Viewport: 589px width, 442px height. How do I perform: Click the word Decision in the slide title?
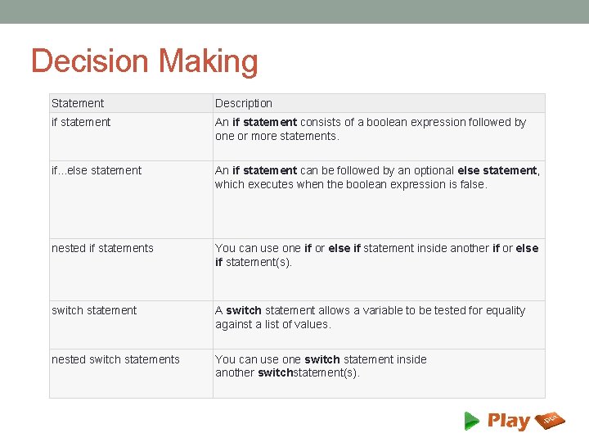click(90, 62)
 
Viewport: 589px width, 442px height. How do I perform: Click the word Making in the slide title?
click(209, 62)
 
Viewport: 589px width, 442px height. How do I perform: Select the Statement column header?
click(78, 103)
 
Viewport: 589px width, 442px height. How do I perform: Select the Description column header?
click(244, 103)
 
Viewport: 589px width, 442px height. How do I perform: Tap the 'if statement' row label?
click(81, 122)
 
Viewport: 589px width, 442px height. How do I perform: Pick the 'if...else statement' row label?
click(97, 170)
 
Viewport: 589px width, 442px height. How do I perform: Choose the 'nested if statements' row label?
click(102, 248)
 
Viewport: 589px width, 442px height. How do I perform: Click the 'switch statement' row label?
click(94, 310)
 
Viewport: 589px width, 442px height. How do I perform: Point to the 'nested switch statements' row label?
click(115, 359)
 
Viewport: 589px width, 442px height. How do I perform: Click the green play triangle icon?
click(472, 421)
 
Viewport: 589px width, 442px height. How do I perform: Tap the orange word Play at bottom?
click(508, 421)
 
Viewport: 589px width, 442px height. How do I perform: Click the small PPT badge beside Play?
click(549, 421)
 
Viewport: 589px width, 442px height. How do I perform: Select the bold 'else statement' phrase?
click(497, 170)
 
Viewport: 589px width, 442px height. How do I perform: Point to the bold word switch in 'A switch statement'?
click(244, 310)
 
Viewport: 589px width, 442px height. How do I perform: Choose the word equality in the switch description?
click(502, 310)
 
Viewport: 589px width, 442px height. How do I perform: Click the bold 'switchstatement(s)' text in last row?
click(308, 372)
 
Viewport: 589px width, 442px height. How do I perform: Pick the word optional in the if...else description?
click(431, 170)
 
